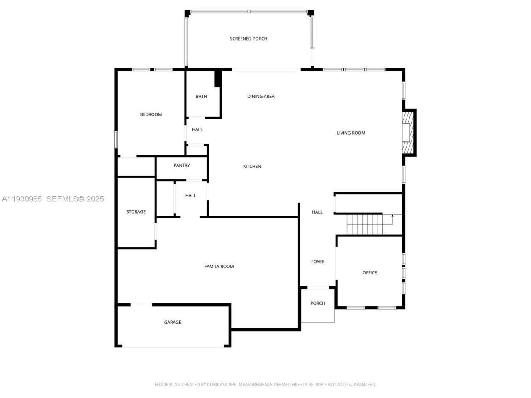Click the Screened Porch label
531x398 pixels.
tap(248, 39)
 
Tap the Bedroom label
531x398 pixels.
tap(151, 114)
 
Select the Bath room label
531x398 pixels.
tap(201, 97)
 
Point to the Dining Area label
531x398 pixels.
tap(261, 97)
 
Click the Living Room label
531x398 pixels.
tap(351, 133)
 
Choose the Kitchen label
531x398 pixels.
tap(252, 167)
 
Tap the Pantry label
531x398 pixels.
tap(182, 165)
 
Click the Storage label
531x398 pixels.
tap(136, 212)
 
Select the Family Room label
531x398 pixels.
tap(219, 267)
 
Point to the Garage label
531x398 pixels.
tap(173, 323)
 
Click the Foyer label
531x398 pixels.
tap(318, 262)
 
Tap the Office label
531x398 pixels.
tap(370, 273)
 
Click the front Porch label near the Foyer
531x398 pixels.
tap(318, 303)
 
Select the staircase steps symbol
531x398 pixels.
tap(364, 224)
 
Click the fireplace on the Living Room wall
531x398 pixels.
tap(409, 133)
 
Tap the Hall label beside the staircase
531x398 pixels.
tap(317, 212)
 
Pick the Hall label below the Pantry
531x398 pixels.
tap(190, 196)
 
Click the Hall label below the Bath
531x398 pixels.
tap(197, 130)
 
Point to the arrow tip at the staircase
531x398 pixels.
tap(392, 216)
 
